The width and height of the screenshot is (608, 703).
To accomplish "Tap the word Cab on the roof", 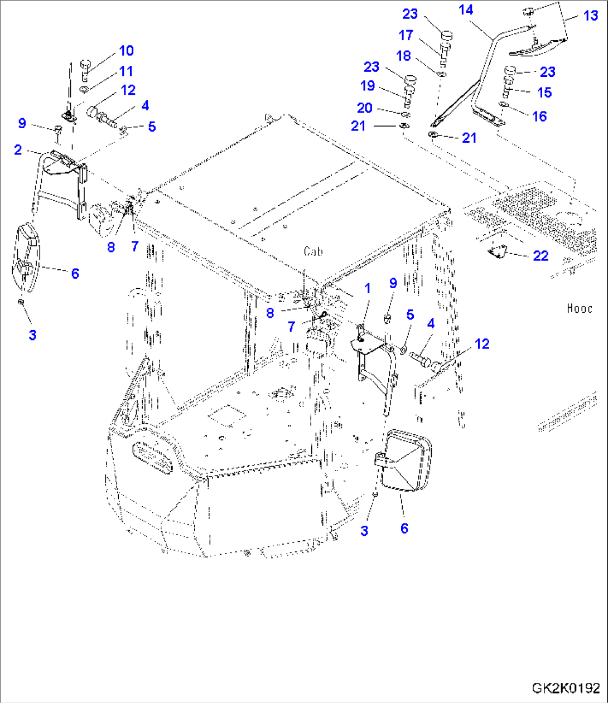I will pos(313,251).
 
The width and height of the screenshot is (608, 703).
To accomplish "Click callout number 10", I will pos(127,51).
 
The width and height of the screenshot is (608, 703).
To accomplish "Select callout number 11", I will pos(127,71).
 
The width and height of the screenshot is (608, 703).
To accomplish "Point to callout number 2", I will pos(18,149).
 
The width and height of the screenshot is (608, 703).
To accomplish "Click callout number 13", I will pos(591,16).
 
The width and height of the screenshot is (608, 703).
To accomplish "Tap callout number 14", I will pos(466,10).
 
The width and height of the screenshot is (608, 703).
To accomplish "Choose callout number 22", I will pos(541,256).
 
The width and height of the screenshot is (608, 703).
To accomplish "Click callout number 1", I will pos(367,288).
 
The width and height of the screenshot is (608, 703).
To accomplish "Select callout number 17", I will pos(406,36).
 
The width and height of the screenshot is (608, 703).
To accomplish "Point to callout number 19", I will pos(367,86).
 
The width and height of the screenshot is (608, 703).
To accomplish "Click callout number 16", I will pos(539,116).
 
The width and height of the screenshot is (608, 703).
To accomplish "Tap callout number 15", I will pos(544,93).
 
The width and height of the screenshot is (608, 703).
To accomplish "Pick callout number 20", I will pos(364,108).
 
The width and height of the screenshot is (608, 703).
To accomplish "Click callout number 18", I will pos(403,56).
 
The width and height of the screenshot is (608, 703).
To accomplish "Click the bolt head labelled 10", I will pos(85,64).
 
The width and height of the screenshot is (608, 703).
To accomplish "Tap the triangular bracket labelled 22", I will pos(498,251).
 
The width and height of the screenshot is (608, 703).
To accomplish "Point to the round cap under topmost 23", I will pos(446,35).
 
